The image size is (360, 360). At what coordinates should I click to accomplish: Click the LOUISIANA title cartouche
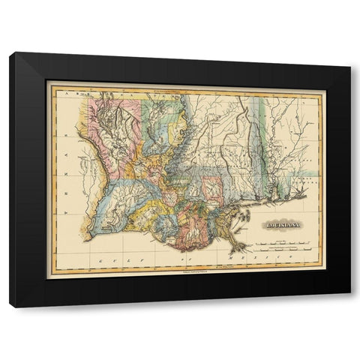[x=280, y=223]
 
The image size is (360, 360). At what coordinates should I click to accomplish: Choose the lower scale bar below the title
[x=280, y=250]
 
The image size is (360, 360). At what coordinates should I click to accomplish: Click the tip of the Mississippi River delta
[x=246, y=248]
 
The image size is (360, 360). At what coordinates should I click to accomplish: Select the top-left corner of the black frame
[x=10, y=52]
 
